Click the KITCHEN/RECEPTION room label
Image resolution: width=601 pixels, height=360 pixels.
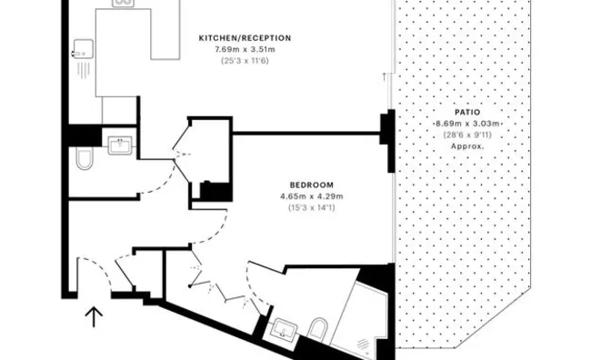[x=245, y=37]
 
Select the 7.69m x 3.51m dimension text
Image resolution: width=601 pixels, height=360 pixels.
[x=245, y=49]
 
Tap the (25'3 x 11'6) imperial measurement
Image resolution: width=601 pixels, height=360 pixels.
[x=245, y=61]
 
